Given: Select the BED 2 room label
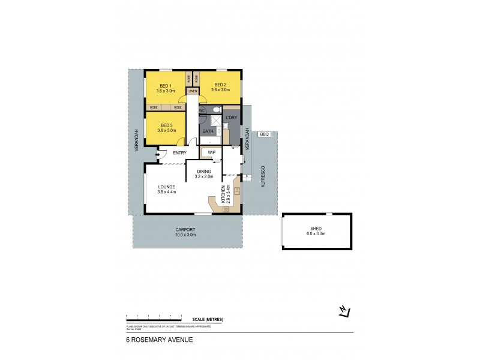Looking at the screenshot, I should click(220, 85).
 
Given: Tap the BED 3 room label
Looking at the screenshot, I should click(166, 125).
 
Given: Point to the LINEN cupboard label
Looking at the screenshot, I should click(193, 91).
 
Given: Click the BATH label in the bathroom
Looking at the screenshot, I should click(208, 131).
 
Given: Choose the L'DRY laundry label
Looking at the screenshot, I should click(231, 118).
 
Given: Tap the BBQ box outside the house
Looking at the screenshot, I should click(265, 135).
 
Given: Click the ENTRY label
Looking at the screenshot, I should click(179, 152).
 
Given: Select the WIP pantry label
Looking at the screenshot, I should click(211, 152).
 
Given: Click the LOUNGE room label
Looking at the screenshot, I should click(166, 187).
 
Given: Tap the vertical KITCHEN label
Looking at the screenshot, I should click(223, 194).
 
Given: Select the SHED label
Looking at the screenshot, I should click(316, 228).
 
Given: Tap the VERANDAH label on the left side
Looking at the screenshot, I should click(136, 139).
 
